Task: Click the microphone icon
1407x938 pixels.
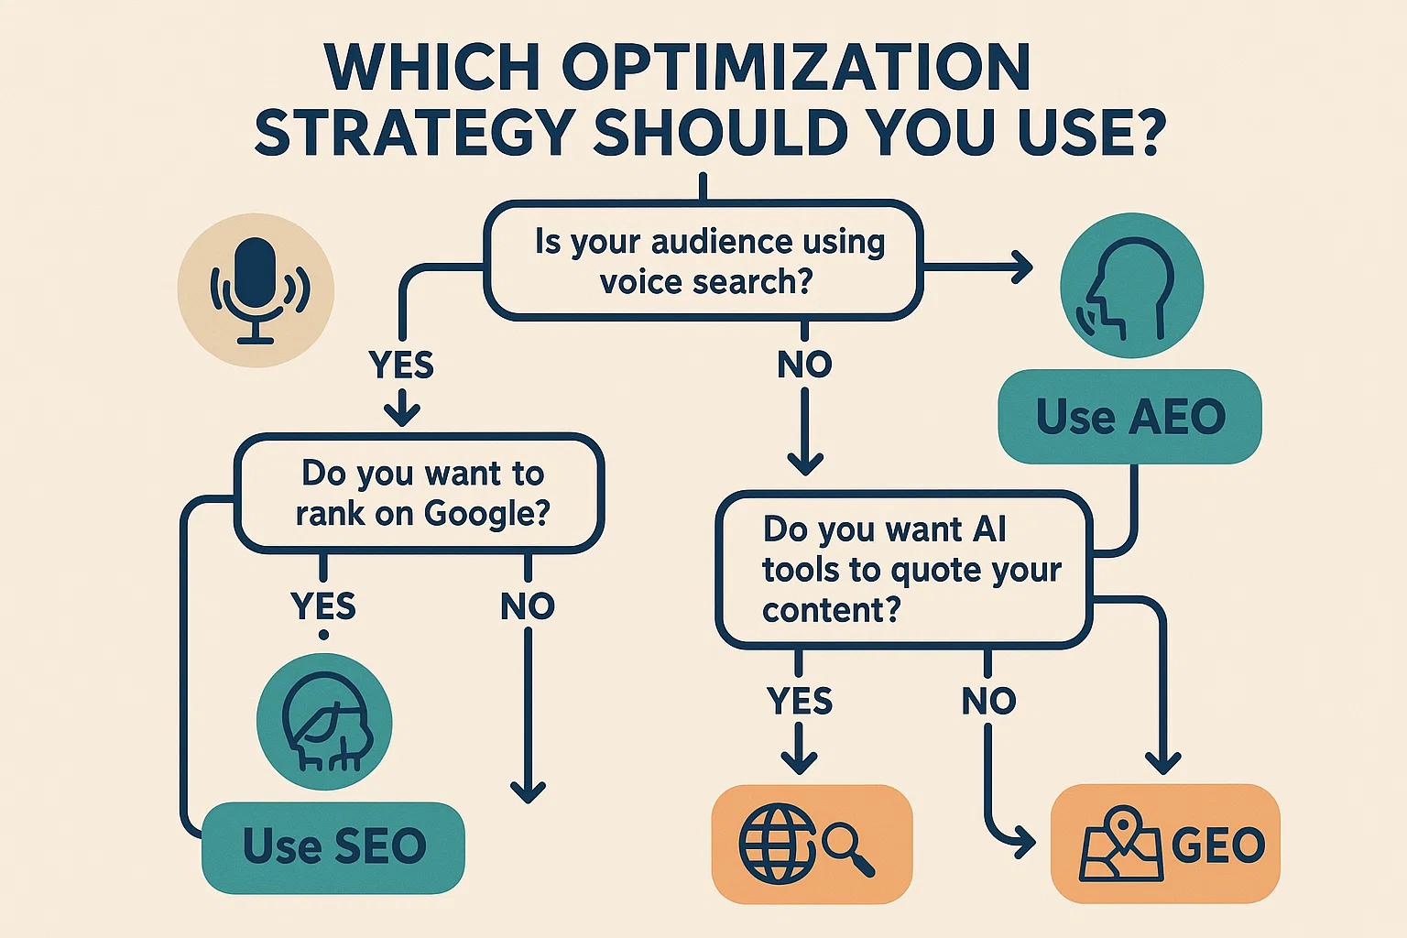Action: pos(256,290)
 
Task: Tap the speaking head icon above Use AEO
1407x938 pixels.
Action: pos(1131,286)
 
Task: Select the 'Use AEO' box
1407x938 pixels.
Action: pos(1129,417)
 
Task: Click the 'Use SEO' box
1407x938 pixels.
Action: pos(333,846)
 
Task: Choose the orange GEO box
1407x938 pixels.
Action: pos(1165,844)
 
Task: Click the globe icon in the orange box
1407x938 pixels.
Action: pos(777,843)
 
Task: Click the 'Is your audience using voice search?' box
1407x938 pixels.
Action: pos(703,261)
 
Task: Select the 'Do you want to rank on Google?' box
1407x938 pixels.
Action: pos(420,493)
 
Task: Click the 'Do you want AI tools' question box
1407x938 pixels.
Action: pos(903,570)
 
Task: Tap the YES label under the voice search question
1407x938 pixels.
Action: pos(401,365)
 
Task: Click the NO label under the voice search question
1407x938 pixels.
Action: pos(804,365)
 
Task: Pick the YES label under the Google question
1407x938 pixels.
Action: pos(322,606)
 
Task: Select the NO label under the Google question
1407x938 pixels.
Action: pos(528,606)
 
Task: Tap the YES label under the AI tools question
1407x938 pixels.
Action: pos(800,702)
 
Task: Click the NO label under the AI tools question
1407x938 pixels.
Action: pos(988,702)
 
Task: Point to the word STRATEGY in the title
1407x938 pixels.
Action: pos(415,133)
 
